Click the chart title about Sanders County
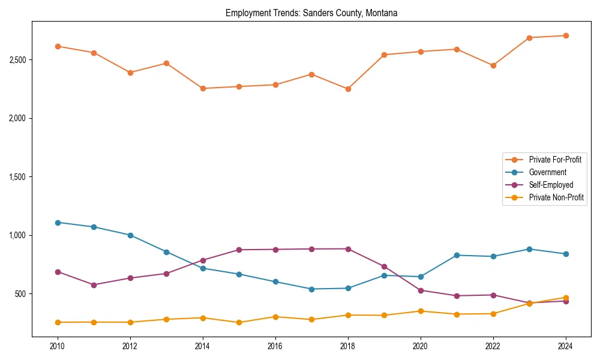click(311, 13)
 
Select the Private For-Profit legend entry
click(554, 160)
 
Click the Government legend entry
click(547, 172)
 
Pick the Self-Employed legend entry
click(551, 185)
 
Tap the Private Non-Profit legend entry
click(556, 197)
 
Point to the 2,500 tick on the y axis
click(17, 60)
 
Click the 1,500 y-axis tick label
click(17, 177)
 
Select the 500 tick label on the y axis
click(20, 294)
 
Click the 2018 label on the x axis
click(347, 346)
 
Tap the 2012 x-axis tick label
click(130, 346)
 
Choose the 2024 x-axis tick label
click(565, 346)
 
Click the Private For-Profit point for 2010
click(58, 46)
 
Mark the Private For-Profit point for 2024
click(565, 35)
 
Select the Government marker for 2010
click(58, 223)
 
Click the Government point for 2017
click(311, 289)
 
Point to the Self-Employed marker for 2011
click(94, 285)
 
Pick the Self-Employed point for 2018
click(348, 249)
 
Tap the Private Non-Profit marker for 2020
click(420, 311)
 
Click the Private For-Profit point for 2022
click(493, 65)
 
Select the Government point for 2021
click(457, 255)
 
